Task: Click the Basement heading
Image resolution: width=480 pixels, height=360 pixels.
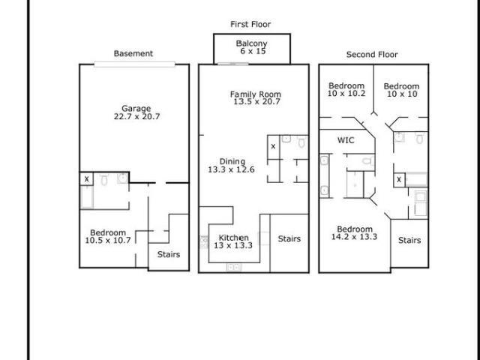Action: [133, 53]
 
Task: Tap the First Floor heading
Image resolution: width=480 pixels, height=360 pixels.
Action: [250, 24]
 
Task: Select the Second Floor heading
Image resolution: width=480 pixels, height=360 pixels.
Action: [372, 55]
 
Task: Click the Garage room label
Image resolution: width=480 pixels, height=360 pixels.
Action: [136, 108]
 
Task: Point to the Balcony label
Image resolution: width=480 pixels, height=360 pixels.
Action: [252, 43]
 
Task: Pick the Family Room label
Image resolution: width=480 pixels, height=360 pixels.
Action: [256, 94]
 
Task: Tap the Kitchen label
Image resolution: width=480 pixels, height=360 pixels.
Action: [233, 238]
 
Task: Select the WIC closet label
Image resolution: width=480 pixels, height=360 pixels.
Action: [346, 140]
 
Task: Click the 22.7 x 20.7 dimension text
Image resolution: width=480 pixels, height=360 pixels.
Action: [136, 116]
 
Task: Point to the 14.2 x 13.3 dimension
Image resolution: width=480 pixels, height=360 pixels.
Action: [354, 237]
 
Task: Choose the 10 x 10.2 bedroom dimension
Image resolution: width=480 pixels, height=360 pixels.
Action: [346, 93]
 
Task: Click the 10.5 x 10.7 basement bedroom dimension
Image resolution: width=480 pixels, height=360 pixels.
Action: [108, 240]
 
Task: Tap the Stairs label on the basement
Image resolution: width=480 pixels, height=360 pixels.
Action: [168, 254]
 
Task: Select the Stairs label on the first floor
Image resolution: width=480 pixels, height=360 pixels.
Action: [289, 238]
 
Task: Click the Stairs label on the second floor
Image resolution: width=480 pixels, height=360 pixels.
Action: [409, 240]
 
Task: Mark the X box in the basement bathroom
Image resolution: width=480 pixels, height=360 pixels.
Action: [87, 178]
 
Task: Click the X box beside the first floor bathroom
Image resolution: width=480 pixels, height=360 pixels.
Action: [273, 147]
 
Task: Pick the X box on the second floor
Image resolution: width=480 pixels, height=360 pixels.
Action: [399, 180]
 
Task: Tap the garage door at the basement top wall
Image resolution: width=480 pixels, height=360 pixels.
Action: [135, 64]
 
